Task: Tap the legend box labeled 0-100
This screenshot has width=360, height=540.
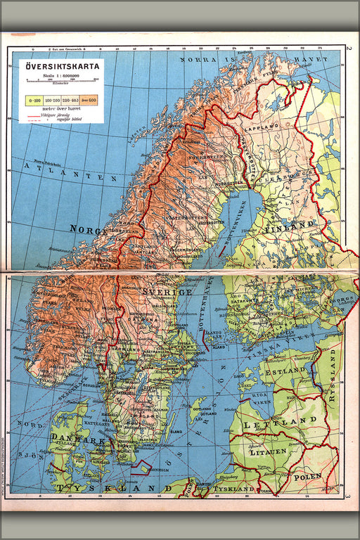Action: coord(32,100)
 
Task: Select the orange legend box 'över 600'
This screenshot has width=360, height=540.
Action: coord(90,100)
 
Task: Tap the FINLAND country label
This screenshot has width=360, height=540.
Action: coord(288,225)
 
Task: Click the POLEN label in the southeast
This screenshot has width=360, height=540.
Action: coord(309,476)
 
